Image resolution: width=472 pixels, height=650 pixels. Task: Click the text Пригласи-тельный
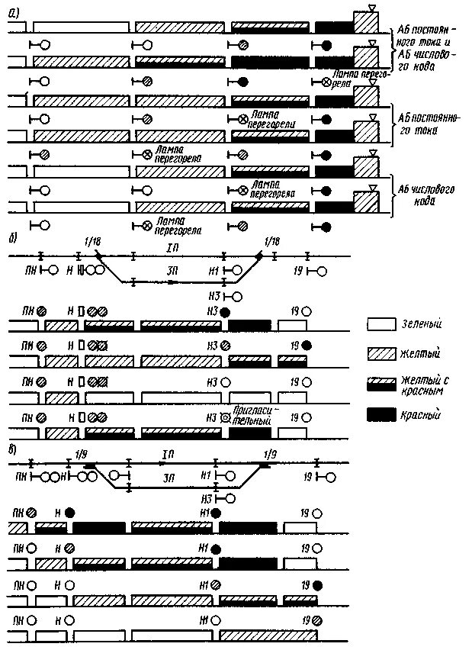[258, 414]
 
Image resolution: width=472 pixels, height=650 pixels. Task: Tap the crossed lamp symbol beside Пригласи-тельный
[225, 418]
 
